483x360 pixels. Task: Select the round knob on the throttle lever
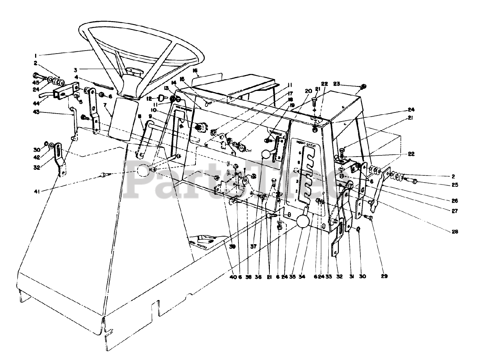(x=266, y=154)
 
